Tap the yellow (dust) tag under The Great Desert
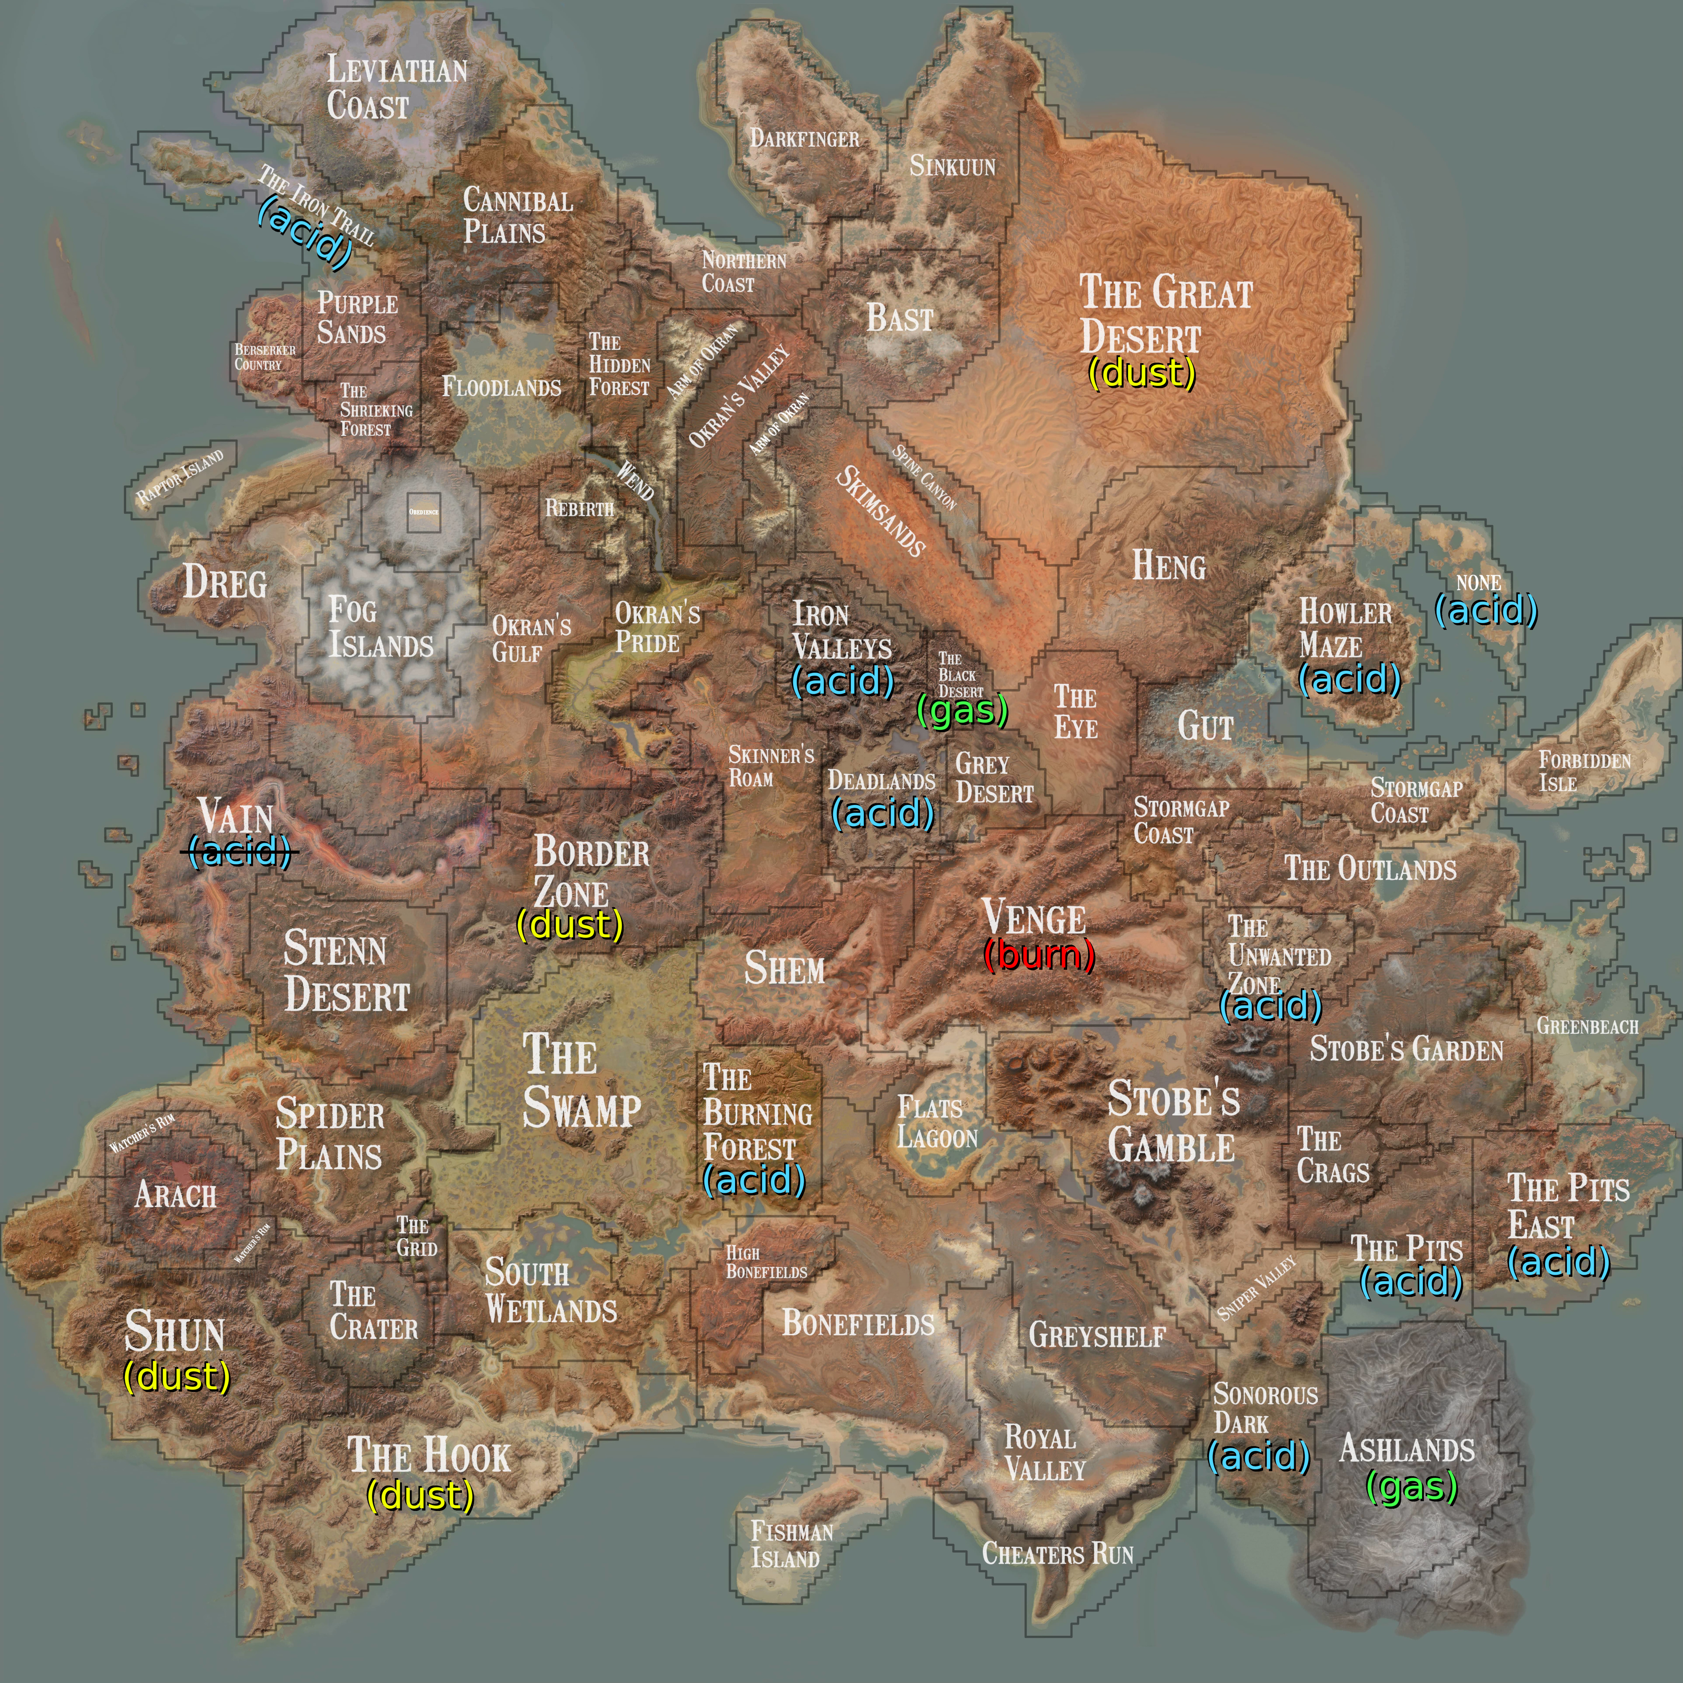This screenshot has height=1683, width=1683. pyautogui.click(x=1141, y=374)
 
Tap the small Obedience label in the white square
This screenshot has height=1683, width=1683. pyautogui.click(x=423, y=511)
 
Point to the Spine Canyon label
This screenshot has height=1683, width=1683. pyautogui.click(x=924, y=478)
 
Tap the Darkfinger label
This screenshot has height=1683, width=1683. pyautogui.click(x=804, y=138)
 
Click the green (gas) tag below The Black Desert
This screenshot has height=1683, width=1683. pyautogui.click(x=962, y=711)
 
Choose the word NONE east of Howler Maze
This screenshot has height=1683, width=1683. pyautogui.click(x=1478, y=583)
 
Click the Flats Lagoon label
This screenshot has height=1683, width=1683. pyautogui.click(x=937, y=1123)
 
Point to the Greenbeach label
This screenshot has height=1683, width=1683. pyautogui.click(x=1587, y=1026)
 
